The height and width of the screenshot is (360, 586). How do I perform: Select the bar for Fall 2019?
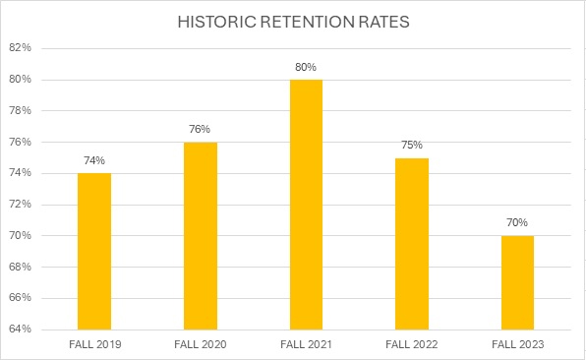click(x=94, y=251)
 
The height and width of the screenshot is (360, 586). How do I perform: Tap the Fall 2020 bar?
click(x=201, y=235)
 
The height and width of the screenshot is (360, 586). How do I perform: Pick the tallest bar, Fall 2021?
click(x=306, y=204)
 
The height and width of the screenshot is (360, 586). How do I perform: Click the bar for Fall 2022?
click(x=412, y=243)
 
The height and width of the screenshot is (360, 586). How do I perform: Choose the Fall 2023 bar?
click(x=518, y=282)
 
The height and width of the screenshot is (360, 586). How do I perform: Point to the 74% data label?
click(x=94, y=160)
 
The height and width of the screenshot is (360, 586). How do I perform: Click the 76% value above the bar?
click(x=201, y=129)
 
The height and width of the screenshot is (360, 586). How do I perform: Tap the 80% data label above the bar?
click(x=306, y=67)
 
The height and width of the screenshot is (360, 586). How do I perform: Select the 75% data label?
click(x=412, y=145)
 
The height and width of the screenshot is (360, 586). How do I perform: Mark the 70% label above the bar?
click(x=518, y=222)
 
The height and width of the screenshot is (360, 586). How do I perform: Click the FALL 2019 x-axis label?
click(x=94, y=343)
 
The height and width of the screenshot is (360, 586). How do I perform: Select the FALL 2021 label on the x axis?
click(x=306, y=343)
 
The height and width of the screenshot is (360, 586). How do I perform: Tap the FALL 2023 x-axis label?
click(x=518, y=343)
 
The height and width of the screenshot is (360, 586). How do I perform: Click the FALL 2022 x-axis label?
click(x=412, y=343)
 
